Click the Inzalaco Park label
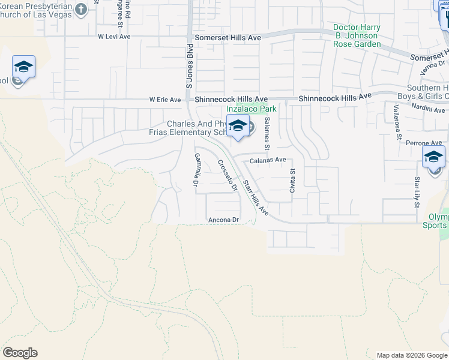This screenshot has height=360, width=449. (252, 109)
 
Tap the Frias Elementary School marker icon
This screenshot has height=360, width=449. (238, 126)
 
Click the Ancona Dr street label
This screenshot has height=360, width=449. (223, 220)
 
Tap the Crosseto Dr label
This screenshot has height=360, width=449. (228, 175)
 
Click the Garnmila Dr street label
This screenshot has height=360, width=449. (196, 170)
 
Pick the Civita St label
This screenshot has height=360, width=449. (293, 179)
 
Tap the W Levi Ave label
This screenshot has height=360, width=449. (114, 37)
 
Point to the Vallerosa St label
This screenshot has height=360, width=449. (397, 121)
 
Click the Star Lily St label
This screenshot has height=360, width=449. (416, 192)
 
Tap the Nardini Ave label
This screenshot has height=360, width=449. (429, 110)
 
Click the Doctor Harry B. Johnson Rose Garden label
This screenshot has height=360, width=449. (357, 36)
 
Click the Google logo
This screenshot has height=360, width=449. (20, 353)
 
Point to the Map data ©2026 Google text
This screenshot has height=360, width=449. (411, 355)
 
